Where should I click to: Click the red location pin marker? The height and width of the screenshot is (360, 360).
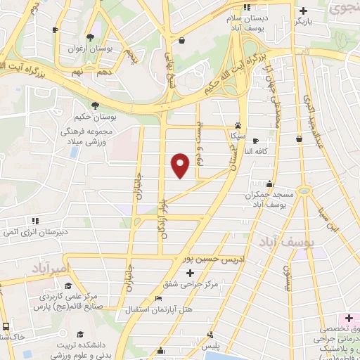(x=181, y=165)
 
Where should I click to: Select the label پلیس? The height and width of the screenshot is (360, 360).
(x=211, y=347)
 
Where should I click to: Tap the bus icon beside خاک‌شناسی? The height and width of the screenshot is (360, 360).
(x=6, y=327)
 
